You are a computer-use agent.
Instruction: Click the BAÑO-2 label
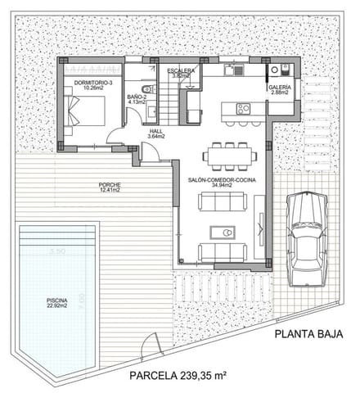click(137, 97)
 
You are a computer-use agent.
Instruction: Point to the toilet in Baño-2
click(146, 88)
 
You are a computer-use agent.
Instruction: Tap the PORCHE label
click(109, 184)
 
